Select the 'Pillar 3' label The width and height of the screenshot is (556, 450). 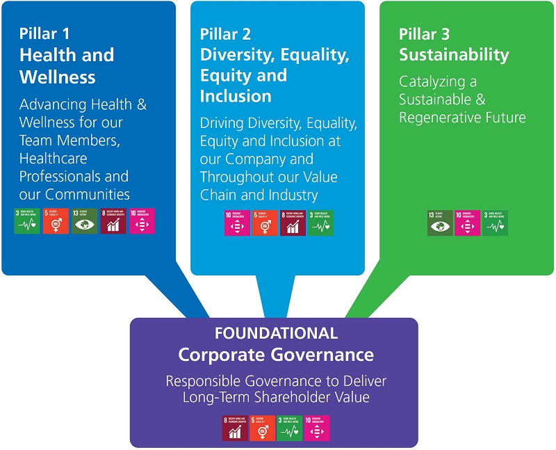pyautogui.click(x=425, y=33)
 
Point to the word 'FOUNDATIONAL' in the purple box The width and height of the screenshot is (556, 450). pyautogui.click(x=276, y=333)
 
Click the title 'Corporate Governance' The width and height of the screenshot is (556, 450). pyautogui.click(x=276, y=355)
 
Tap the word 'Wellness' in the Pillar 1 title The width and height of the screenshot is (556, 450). pyautogui.click(x=58, y=76)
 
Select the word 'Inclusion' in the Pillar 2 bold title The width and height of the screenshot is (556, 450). pyautogui.click(x=236, y=96)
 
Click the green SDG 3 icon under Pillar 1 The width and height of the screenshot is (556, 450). pyautogui.click(x=27, y=220)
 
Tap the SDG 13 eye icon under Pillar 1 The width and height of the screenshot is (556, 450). pyautogui.click(x=84, y=220)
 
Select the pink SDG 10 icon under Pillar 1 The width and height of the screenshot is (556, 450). pyautogui.click(x=142, y=220)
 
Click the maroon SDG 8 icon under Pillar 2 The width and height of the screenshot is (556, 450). pyautogui.click(x=293, y=223)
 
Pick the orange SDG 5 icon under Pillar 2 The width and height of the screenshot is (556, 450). pyautogui.click(x=265, y=223)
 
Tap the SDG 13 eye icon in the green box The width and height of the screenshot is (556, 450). pyautogui.click(x=440, y=223)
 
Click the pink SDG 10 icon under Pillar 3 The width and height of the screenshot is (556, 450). pyautogui.click(x=467, y=223)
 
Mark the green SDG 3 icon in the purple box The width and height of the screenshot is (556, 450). pyautogui.click(x=290, y=428)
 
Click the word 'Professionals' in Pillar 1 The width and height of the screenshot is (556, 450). pyautogui.click(x=74, y=176)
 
